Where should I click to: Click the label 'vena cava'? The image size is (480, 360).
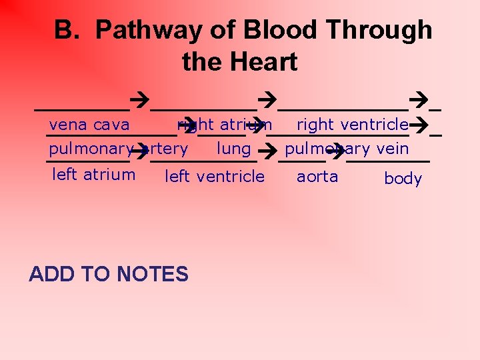[x=89, y=125]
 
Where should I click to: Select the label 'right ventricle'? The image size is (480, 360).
[x=353, y=125]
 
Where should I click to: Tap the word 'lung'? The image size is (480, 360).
[x=234, y=149]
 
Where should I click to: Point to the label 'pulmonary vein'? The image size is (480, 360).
[x=347, y=149]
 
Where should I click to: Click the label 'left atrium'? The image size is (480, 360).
[x=93, y=175]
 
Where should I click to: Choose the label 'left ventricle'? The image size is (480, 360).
[x=215, y=177]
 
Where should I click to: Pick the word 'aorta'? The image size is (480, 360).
[x=317, y=177]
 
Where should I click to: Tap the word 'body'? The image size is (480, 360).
[x=403, y=179]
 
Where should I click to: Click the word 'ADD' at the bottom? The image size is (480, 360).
[x=53, y=274]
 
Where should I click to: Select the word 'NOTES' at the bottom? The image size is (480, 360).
[x=152, y=274]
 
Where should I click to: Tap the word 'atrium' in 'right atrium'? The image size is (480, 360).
[x=246, y=125]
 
